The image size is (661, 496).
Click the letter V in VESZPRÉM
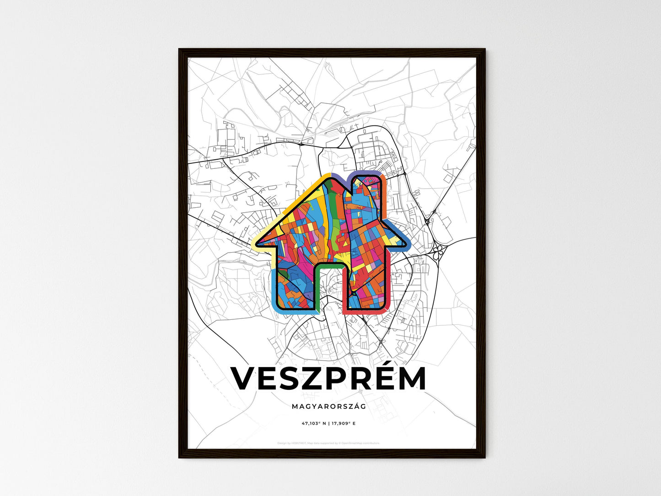[246, 378]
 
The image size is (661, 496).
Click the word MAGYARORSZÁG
[328, 406]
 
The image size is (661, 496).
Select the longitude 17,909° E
[344, 423]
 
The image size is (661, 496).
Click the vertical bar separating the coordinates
[329, 423]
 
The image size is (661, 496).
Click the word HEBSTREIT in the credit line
[299, 443]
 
